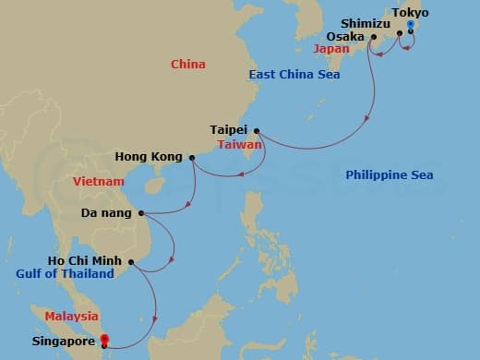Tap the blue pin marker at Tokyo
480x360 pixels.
coord(409,26)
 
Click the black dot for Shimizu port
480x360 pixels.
coord(399,33)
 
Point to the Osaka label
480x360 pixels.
coord(344,37)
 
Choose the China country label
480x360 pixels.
coord(188,64)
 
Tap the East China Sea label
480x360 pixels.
coord(294,74)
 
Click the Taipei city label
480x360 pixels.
coord(228,130)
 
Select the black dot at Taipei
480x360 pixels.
coord(256,130)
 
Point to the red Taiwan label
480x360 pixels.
coord(240,145)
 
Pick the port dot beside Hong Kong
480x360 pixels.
coord(192,158)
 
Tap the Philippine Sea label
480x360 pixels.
coord(389,174)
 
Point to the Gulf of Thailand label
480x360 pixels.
coord(65,273)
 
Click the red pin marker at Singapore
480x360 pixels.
coord(104,340)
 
